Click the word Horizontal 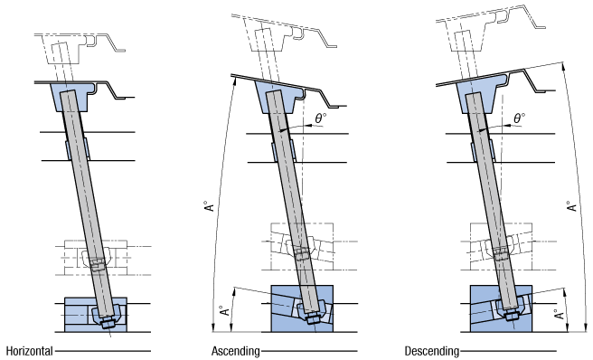[30, 351]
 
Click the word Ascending [236, 351]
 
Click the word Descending [432, 351]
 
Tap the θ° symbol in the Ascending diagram [320, 118]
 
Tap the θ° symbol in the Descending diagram [519, 118]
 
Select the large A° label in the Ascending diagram [209, 206]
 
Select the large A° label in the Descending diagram [571, 206]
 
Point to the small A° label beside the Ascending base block [225, 310]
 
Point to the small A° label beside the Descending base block [559, 314]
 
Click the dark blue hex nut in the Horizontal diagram [108, 324]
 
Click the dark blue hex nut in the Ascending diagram [313, 318]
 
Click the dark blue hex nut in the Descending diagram [512, 316]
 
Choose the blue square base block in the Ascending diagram [303, 308]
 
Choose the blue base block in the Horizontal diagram [96, 315]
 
